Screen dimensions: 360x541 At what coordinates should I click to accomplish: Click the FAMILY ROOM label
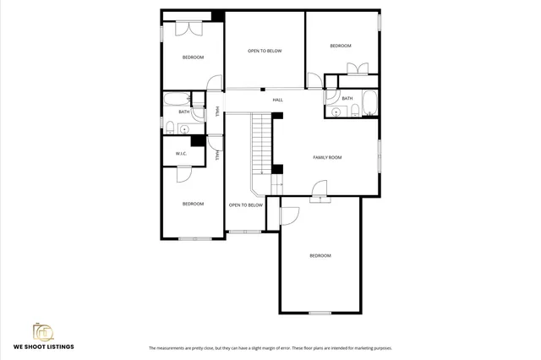point(327,157)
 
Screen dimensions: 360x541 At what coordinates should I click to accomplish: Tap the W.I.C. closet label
point(181,153)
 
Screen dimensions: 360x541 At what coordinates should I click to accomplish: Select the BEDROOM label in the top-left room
point(193,57)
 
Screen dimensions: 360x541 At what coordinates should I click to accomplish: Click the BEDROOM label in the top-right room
point(340,46)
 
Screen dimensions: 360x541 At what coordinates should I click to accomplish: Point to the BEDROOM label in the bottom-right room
point(320,255)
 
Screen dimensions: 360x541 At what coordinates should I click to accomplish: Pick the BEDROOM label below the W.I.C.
point(193,204)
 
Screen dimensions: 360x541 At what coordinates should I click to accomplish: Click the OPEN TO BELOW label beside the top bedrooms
point(265,51)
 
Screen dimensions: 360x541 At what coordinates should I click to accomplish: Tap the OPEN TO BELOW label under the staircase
point(246,205)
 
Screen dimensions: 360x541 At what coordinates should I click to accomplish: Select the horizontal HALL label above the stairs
point(277,101)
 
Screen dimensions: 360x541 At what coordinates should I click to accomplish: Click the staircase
point(261,144)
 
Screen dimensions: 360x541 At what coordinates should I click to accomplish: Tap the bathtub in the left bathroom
point(178,98)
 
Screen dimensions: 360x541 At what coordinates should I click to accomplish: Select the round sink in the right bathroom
point(336,112)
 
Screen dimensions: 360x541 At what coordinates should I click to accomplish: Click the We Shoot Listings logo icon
point(42,331)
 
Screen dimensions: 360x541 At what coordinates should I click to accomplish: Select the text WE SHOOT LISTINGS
point(43,346)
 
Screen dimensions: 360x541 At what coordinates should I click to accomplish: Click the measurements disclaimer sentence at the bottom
point(270,348)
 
